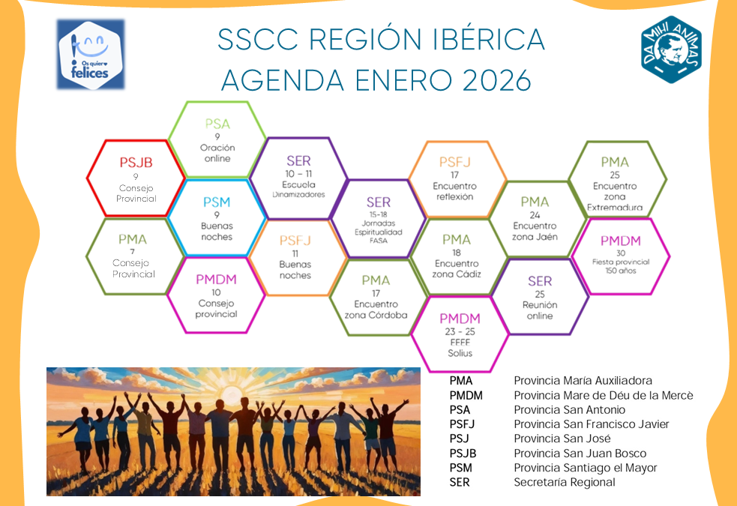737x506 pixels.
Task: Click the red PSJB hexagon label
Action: point(136,161)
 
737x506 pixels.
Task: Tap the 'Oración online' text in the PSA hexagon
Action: point(217,153)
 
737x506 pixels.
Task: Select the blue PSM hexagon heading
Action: point(217,202)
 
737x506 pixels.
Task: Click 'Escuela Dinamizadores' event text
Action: point(298,189)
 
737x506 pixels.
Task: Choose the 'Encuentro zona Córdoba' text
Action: point(376,310)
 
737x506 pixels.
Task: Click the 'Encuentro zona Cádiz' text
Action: point(457,269)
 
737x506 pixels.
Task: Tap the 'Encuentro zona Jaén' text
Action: point(535,231)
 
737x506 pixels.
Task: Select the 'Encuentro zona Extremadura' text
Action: point(615,196)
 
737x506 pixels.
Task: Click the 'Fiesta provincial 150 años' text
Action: point(621,265)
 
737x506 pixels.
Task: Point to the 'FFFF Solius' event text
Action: point(460,347)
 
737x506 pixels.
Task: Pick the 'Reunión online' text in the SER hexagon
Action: point(540,310)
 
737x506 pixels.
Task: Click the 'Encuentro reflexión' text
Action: point(454,191)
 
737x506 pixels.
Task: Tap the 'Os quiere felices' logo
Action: point(91,54)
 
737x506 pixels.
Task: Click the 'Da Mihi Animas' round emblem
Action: point(671,49)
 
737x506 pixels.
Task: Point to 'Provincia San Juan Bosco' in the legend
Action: point(580,454)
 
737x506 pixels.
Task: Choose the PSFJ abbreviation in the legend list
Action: point(462,424)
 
